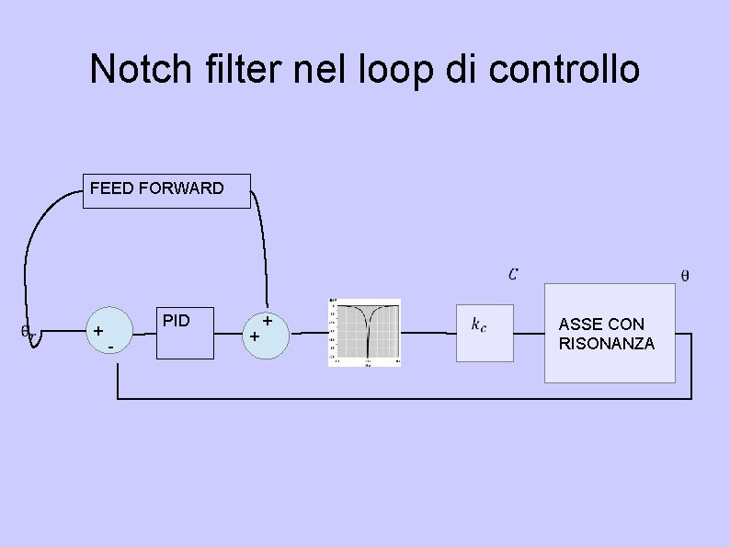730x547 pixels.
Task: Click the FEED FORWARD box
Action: coord(166,191)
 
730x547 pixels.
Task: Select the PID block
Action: coord(185,332)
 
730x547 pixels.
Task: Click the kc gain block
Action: coord(485,332)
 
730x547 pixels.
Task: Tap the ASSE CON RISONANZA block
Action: coord(610,333)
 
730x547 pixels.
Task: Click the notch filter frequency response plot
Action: coord(365,332)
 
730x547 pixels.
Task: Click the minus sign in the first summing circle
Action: coord(110,348)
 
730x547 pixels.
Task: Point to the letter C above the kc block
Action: coord(512,273)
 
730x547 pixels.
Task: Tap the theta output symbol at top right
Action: coord(684,274)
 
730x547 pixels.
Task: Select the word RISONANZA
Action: coord(607,344)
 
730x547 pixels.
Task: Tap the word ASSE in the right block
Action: coord(579,324)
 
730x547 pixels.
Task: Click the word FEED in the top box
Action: coord(112,188)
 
